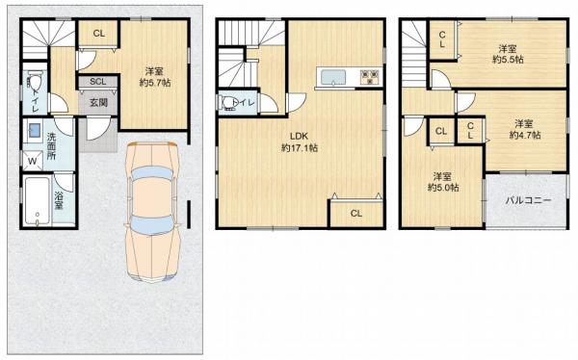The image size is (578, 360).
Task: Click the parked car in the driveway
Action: (x=152, y=212)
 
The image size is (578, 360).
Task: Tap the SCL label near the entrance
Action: (x=97, y=82)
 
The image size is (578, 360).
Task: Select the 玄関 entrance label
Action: (x=98, y=102)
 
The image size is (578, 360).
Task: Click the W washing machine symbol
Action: (x=33, y=162)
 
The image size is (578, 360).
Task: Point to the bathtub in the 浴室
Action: (x=38, y=201)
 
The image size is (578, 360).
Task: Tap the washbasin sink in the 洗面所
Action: (x=35, y=130)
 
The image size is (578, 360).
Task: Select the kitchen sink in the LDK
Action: (x=333, y=78)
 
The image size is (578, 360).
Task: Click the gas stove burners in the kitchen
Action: (x=370, y=77)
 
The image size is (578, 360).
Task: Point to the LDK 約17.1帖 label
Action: (x=299, y=141)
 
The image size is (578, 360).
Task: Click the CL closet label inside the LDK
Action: (x=356, y=214)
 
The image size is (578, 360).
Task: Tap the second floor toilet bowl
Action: (x=227, y=103)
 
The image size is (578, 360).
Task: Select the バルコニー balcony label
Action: (x=528, y=200)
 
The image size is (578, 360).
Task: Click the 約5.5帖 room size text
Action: (x=508, y=60)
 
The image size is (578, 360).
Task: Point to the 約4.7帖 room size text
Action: (x=525, y=135)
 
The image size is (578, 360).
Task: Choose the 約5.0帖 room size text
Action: (x=443, y=188)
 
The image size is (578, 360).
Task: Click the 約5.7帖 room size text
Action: (x=155, y=83)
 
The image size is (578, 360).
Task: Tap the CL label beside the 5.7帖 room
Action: (x=99, y=34)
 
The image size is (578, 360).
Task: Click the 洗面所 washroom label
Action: (x=51, y=146)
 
